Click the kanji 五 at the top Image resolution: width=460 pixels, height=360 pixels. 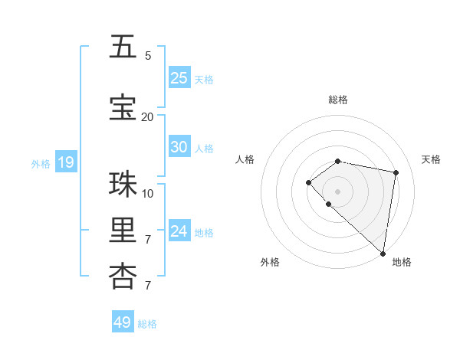(123, 47)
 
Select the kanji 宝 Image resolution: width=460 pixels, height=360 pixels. (123, 108)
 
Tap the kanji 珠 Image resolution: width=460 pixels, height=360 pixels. (123, 185)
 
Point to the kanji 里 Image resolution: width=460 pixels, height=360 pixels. (123, 231)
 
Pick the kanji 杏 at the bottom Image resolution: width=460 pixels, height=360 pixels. (123, 277)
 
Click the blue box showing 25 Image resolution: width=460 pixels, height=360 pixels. (179, 78)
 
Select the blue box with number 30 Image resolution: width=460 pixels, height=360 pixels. (179, 147)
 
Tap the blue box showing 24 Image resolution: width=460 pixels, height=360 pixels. (179, 231)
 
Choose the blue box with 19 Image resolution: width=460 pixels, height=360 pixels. (66, 162)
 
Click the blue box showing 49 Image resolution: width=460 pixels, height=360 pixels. (123, 322)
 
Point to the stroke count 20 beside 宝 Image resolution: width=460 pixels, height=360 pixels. (147, 116)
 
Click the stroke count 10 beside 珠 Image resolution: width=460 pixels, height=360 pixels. (148, 193)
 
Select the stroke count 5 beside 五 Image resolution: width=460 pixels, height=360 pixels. (148, 55)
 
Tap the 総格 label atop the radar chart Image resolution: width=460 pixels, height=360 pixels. (338, 100)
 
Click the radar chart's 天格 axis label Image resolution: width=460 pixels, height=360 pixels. (431, 159)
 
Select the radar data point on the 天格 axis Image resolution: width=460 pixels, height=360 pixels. (396, 172)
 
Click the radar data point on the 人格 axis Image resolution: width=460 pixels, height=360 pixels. (308, 182)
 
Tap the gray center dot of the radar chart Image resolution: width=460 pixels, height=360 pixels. (338, 191)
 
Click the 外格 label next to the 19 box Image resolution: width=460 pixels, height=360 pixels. (40, 163)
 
